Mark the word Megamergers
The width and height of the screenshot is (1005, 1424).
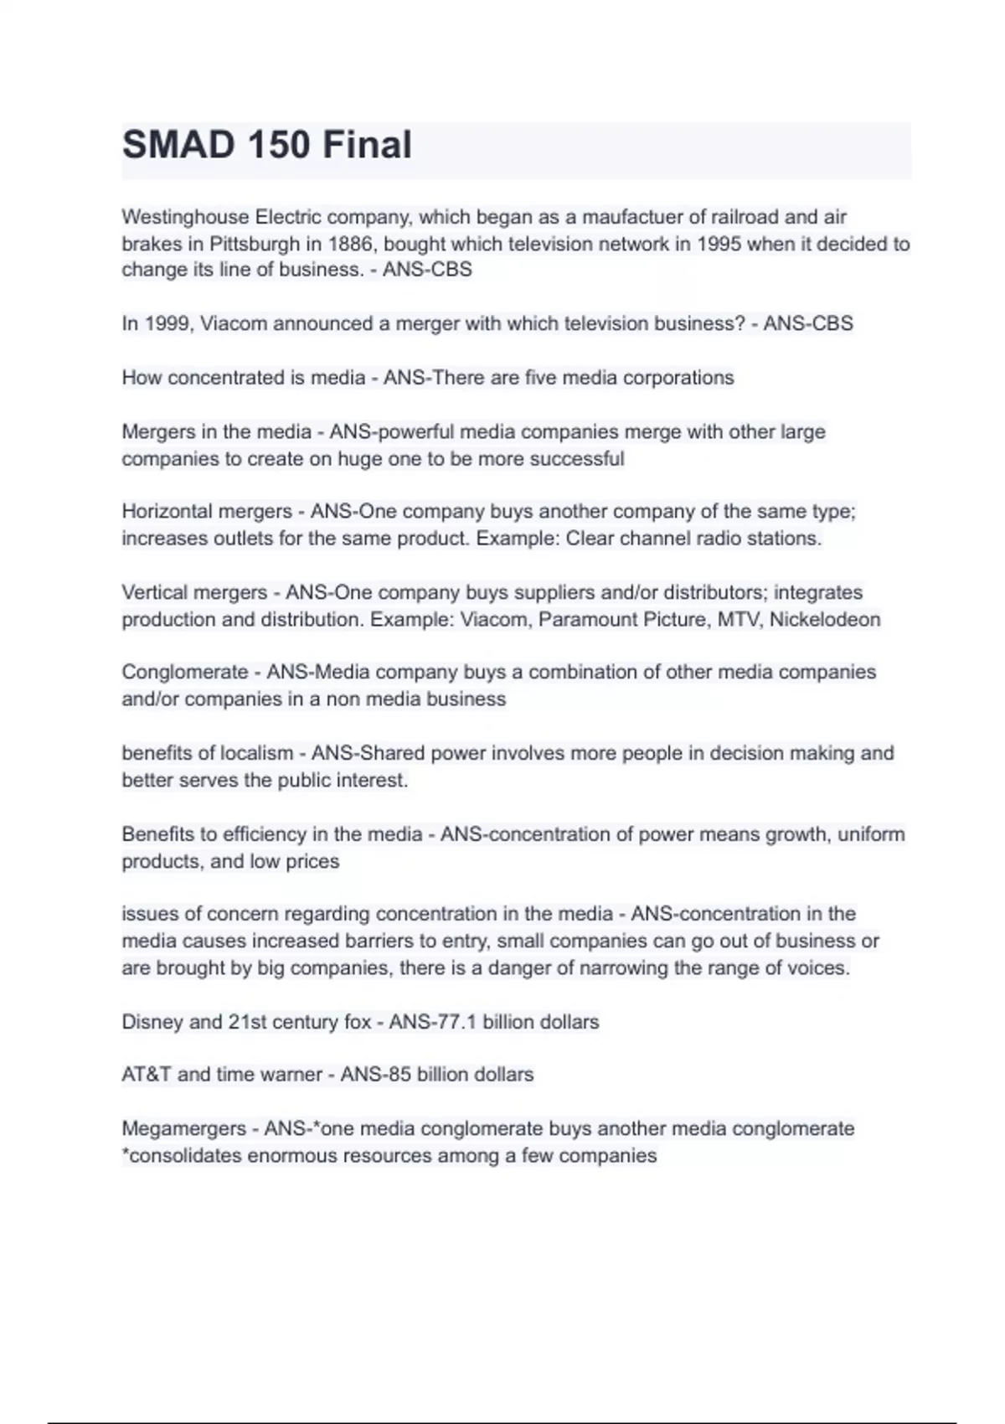(x=183, y=1129)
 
